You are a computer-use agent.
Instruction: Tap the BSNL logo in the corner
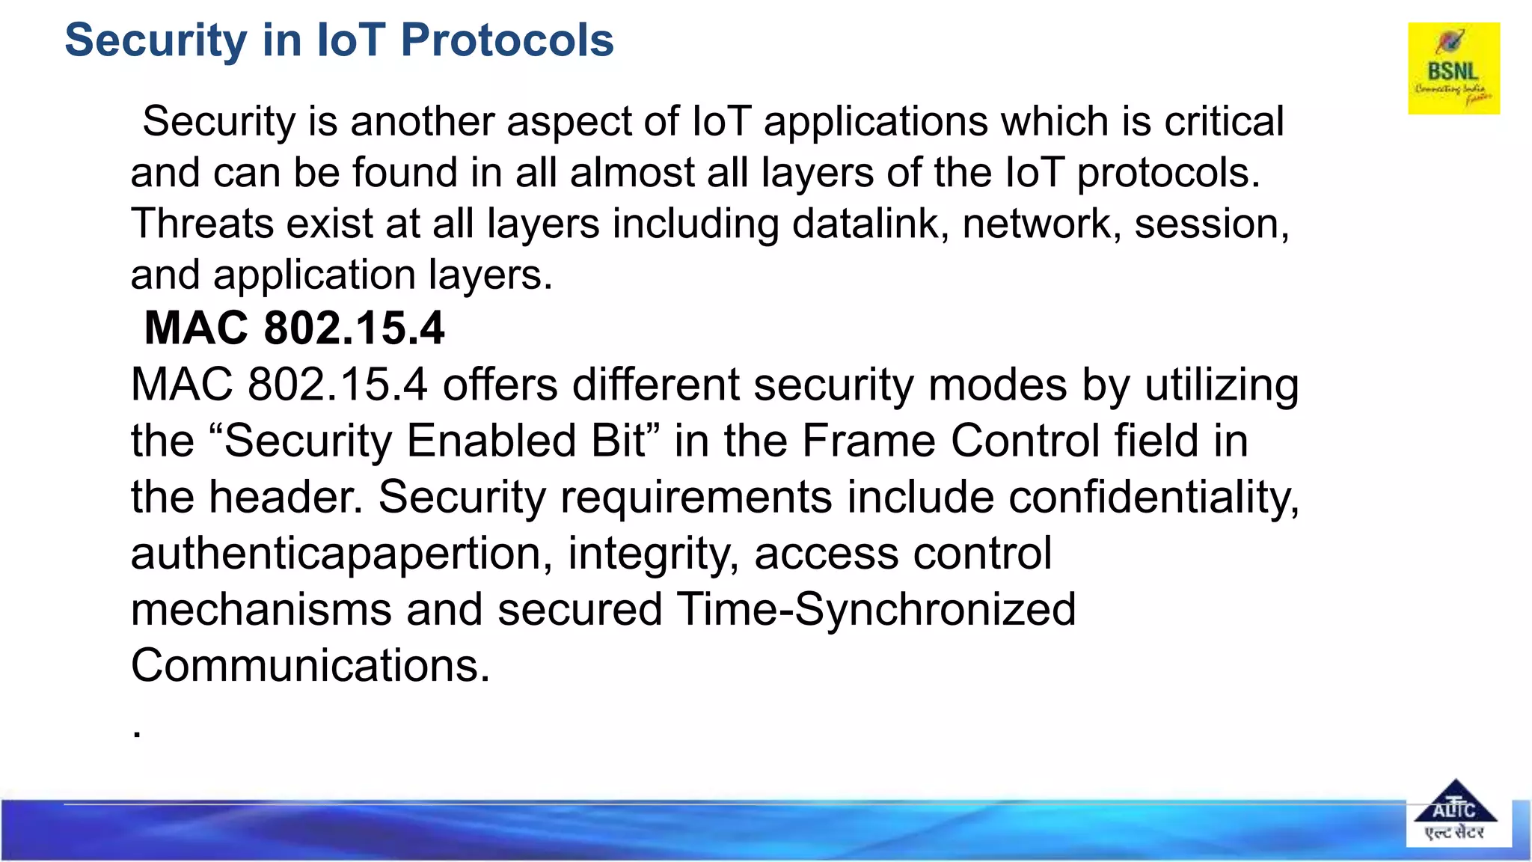pos(1453,68)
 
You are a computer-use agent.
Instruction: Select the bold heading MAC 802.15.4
pos(294,328)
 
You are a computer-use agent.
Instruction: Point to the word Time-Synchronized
pos(876,609)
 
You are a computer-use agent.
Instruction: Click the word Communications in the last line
pos(310,665)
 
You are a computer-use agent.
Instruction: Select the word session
pos(1210,224)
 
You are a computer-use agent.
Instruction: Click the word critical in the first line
pos(1224,121)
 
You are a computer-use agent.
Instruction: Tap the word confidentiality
pos(1153,497)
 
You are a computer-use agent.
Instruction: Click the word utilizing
pos(1222,385)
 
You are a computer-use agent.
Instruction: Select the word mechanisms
pos(261,609)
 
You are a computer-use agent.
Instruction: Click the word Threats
pos(202,224)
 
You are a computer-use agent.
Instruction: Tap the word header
pos(284,497)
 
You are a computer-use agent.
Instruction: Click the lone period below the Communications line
pos(137,735)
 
